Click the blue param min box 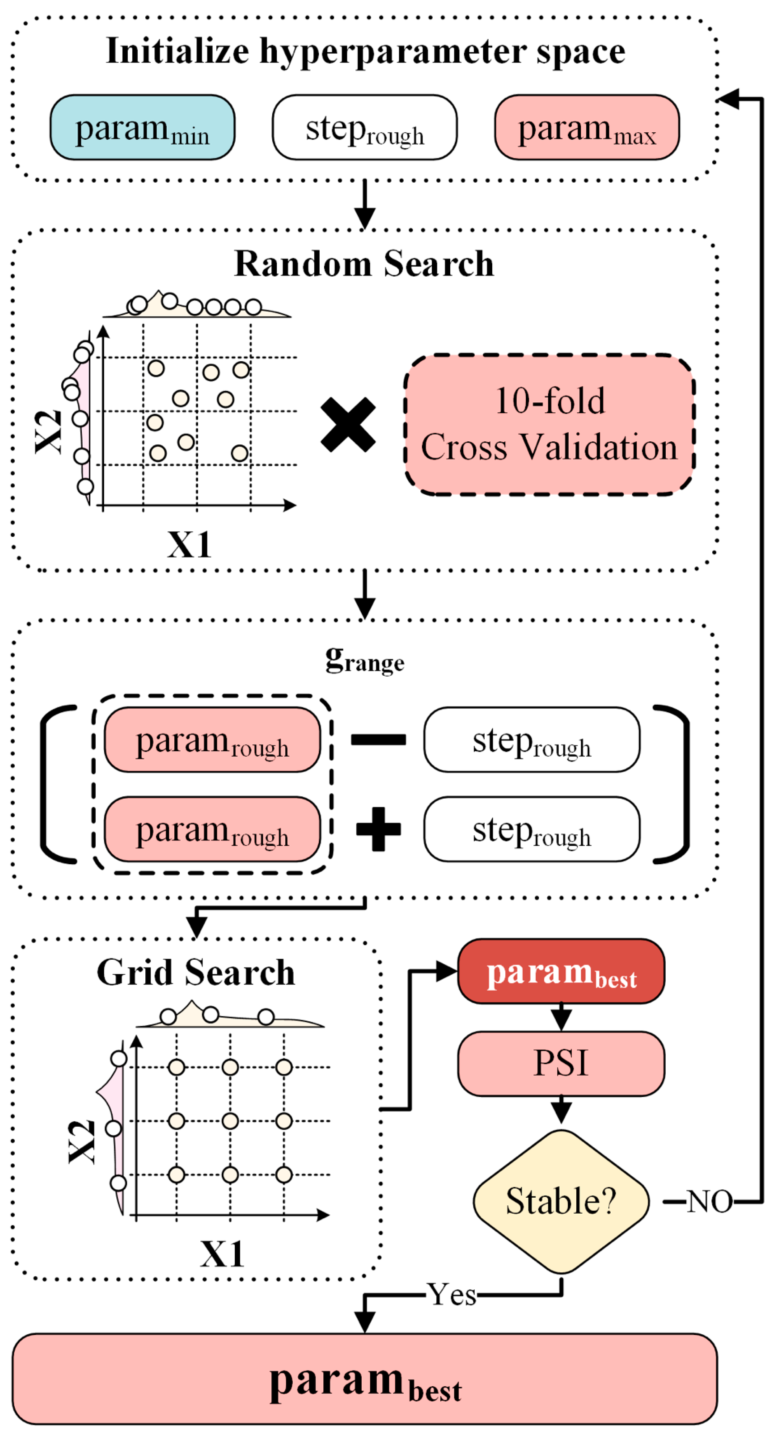(x=142, y=128)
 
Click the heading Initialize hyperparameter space (x=365, y=51)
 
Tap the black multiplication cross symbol (x=348, y=425)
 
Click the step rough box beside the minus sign (x=531, y=740)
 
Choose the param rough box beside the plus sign (x=212, y=829)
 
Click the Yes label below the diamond (x=452, y=1295)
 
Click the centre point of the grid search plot (x=230, y=1121)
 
